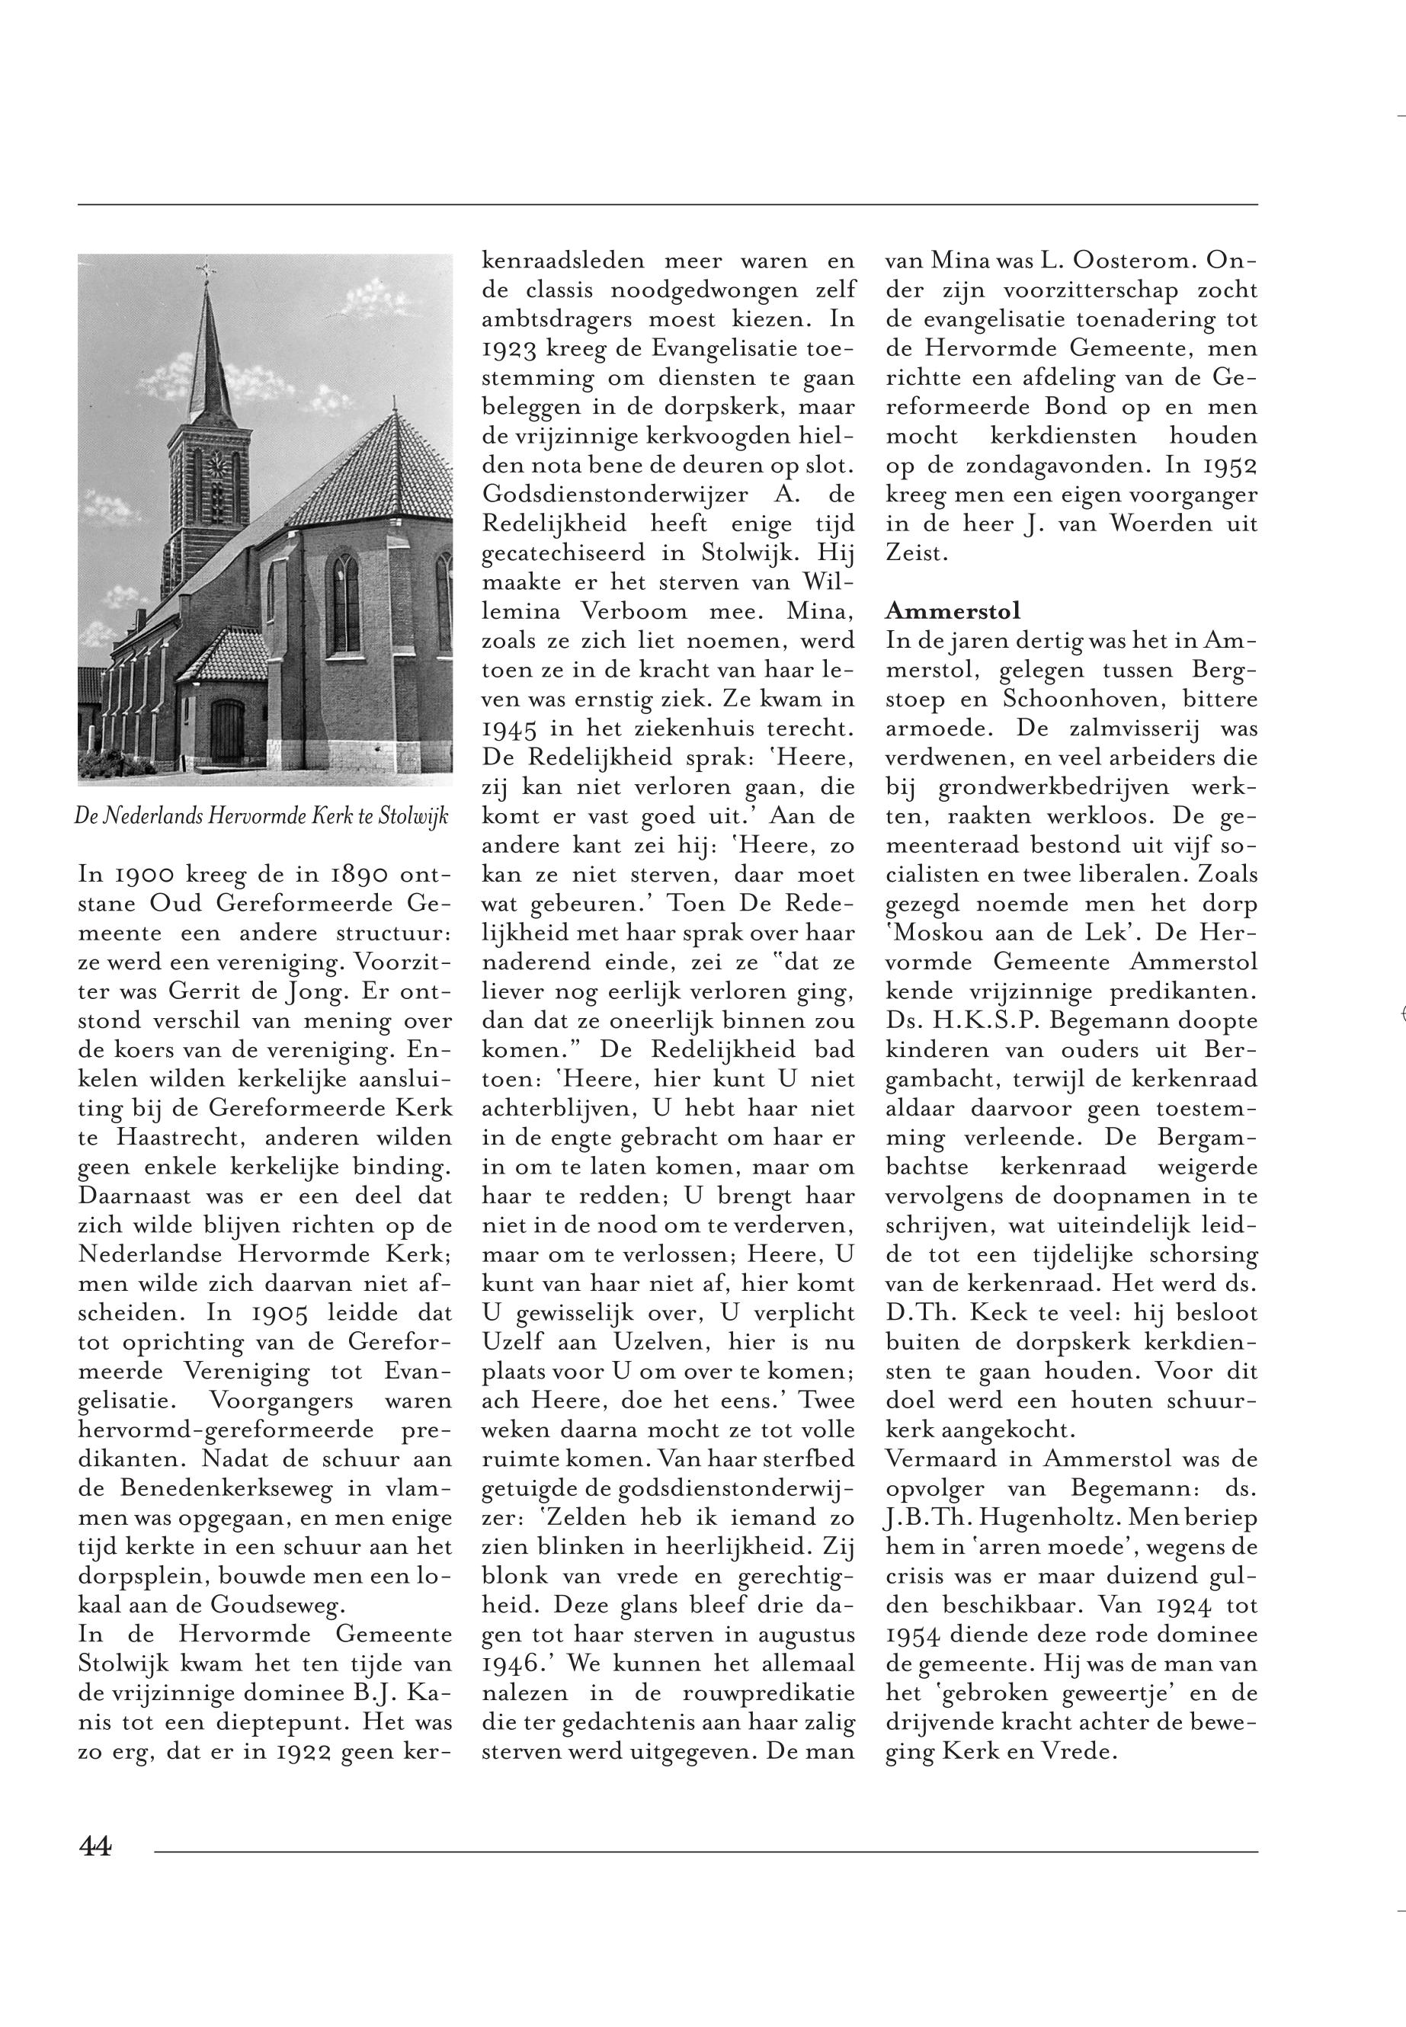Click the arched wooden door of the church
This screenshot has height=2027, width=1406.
pos(226,731)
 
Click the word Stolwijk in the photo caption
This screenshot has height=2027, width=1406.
pos(413,815)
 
